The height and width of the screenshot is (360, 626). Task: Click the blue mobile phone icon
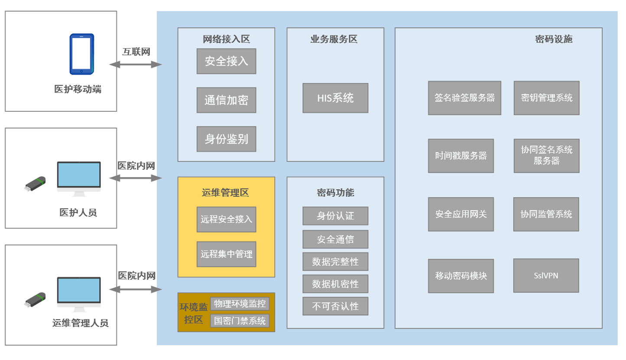[x=82, y=54]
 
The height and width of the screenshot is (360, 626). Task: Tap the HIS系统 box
[x=335, y=98]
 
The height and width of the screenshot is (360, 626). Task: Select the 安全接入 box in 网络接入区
[x=226, y=61]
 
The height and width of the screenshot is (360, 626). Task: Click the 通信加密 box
[x=226, y=100]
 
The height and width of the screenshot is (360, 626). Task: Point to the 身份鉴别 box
[x=226, y=139]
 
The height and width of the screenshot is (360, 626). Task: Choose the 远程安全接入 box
[x=226, y=219]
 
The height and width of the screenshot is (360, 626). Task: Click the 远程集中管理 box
[x=226, y=254]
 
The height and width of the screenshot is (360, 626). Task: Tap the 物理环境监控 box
[x=240, y=304]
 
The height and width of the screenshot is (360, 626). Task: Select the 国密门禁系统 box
[x=240, y=321]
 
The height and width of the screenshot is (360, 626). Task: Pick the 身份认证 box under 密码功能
[x=335, y=216]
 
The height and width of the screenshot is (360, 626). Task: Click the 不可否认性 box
[x=335, y=306]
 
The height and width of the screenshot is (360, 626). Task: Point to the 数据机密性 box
[x=335, y=284]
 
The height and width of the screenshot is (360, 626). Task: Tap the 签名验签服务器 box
[x=464, y=97]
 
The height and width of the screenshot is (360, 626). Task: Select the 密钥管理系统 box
[x=546, y=97]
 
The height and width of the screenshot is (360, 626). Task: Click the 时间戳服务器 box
[x=461, y=156]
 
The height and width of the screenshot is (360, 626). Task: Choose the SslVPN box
[x=546, y=276]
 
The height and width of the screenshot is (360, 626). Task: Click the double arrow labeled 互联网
[x=136, y=65]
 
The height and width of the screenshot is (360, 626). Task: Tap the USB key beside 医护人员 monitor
[x=35, y=184]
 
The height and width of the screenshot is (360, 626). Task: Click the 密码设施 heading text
[x=554, y=39]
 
